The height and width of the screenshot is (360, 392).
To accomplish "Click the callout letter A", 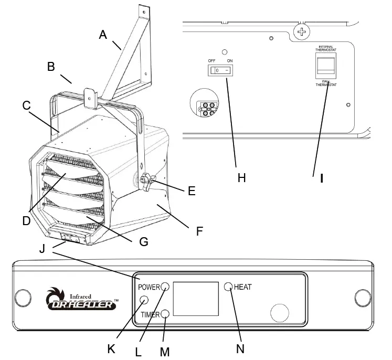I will pyautogui.click(x=103, y=35).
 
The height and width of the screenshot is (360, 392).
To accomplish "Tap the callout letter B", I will pyautogui.click(x=51, y=67).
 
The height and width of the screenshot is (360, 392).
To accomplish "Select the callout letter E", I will pyautogui.click(x=192, y=190).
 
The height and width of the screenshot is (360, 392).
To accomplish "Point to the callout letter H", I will pyautogui.click(x=241, y=178).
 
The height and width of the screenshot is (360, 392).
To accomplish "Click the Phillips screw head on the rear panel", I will pyautogui.click(x=301, y=33).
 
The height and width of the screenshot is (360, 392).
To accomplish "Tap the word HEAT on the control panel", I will pyautogui.click(x=242, y=287).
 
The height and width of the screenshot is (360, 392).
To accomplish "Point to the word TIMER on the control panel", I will pyautogui.click(x=151, y=315).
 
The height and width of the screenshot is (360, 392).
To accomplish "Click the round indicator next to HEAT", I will pyautogui.click(x=228, y=287).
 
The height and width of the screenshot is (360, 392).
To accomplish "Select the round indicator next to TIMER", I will pyautogui.click(x=165, y=314).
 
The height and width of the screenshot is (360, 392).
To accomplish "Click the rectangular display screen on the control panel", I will pyautogui.click(x=195, y=300).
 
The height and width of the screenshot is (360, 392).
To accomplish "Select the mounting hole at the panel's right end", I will pyautogui.click(x=363, y=298).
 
